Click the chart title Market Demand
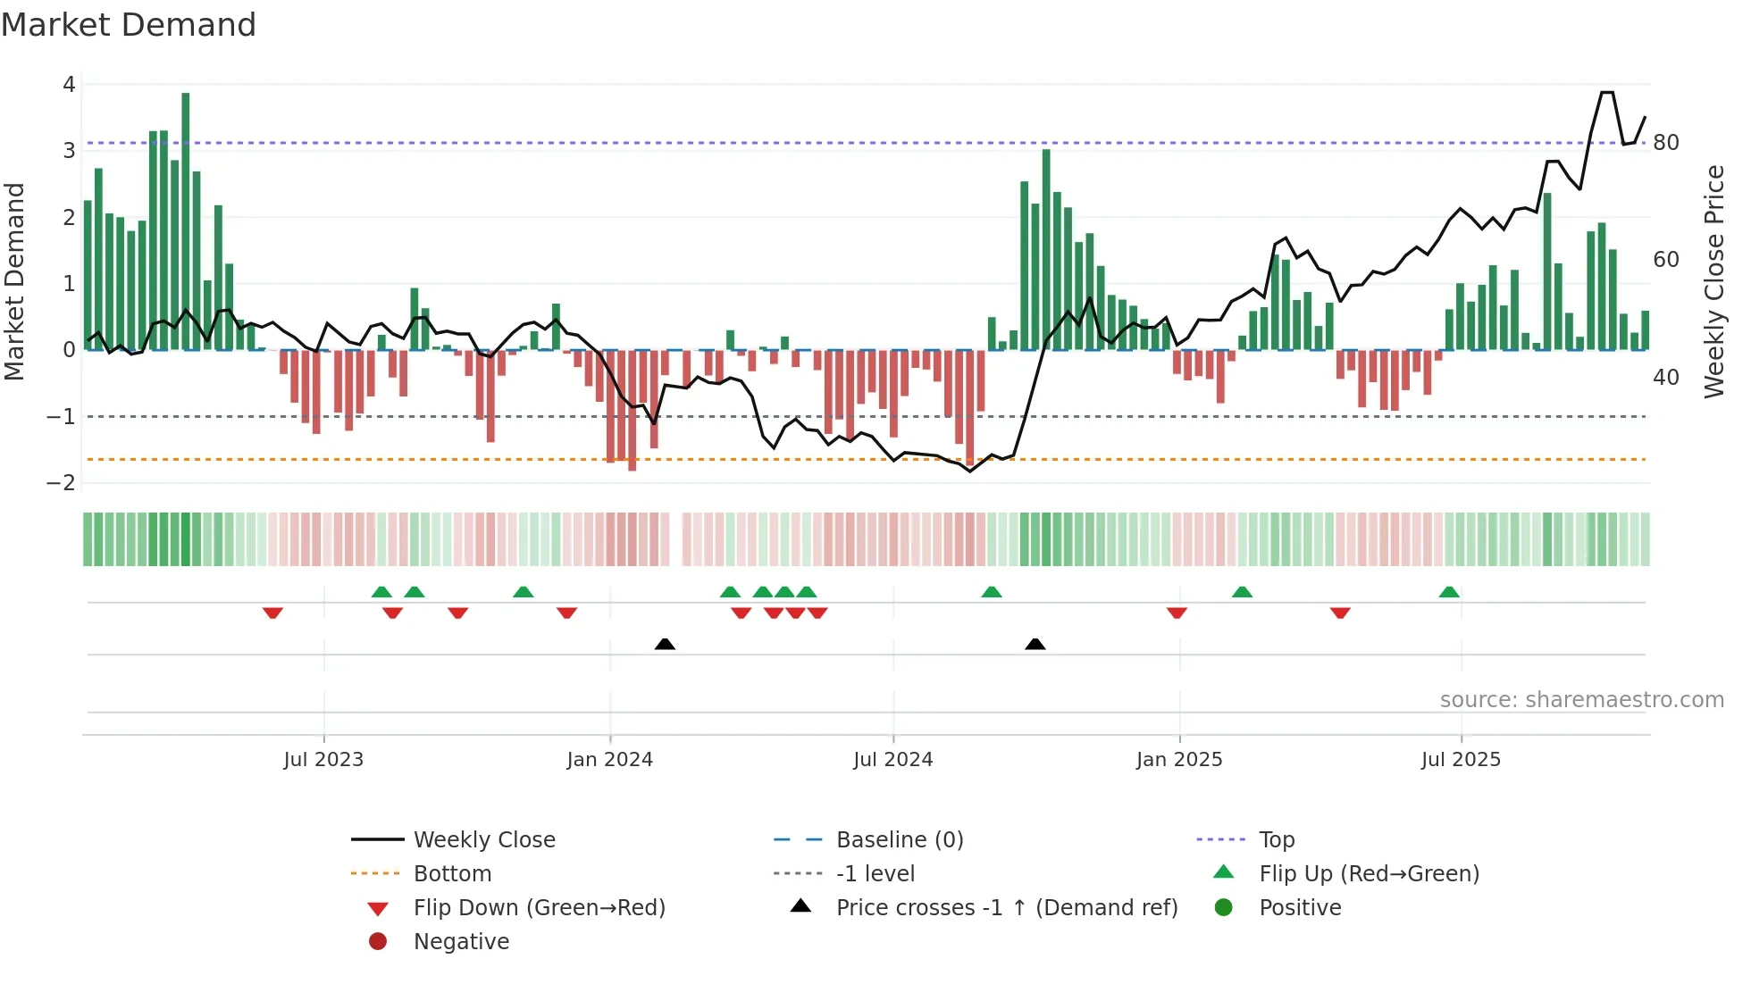click(129, 25)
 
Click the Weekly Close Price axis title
click(1713, 281)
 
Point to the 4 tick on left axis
click(69, 85)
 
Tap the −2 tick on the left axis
click(62, 483)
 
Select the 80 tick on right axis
click(1665, 143)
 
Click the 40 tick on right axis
click(1665, 378)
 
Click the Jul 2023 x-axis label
click(323, 760)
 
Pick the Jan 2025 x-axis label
click(1179, 760)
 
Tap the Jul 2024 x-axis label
click(892, 760)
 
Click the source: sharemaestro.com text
click(1581, 700)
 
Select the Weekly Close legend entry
click(483, 840)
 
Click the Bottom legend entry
click(452, 874)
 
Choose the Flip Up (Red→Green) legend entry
click(1369, 874)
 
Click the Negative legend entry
click(461, 942)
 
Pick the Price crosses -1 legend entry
click(1006, 908)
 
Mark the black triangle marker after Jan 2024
click(665, 644)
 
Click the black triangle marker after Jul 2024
click(1035, 644)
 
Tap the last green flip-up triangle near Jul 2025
click(1449, 592)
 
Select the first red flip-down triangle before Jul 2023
click(272, 613)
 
